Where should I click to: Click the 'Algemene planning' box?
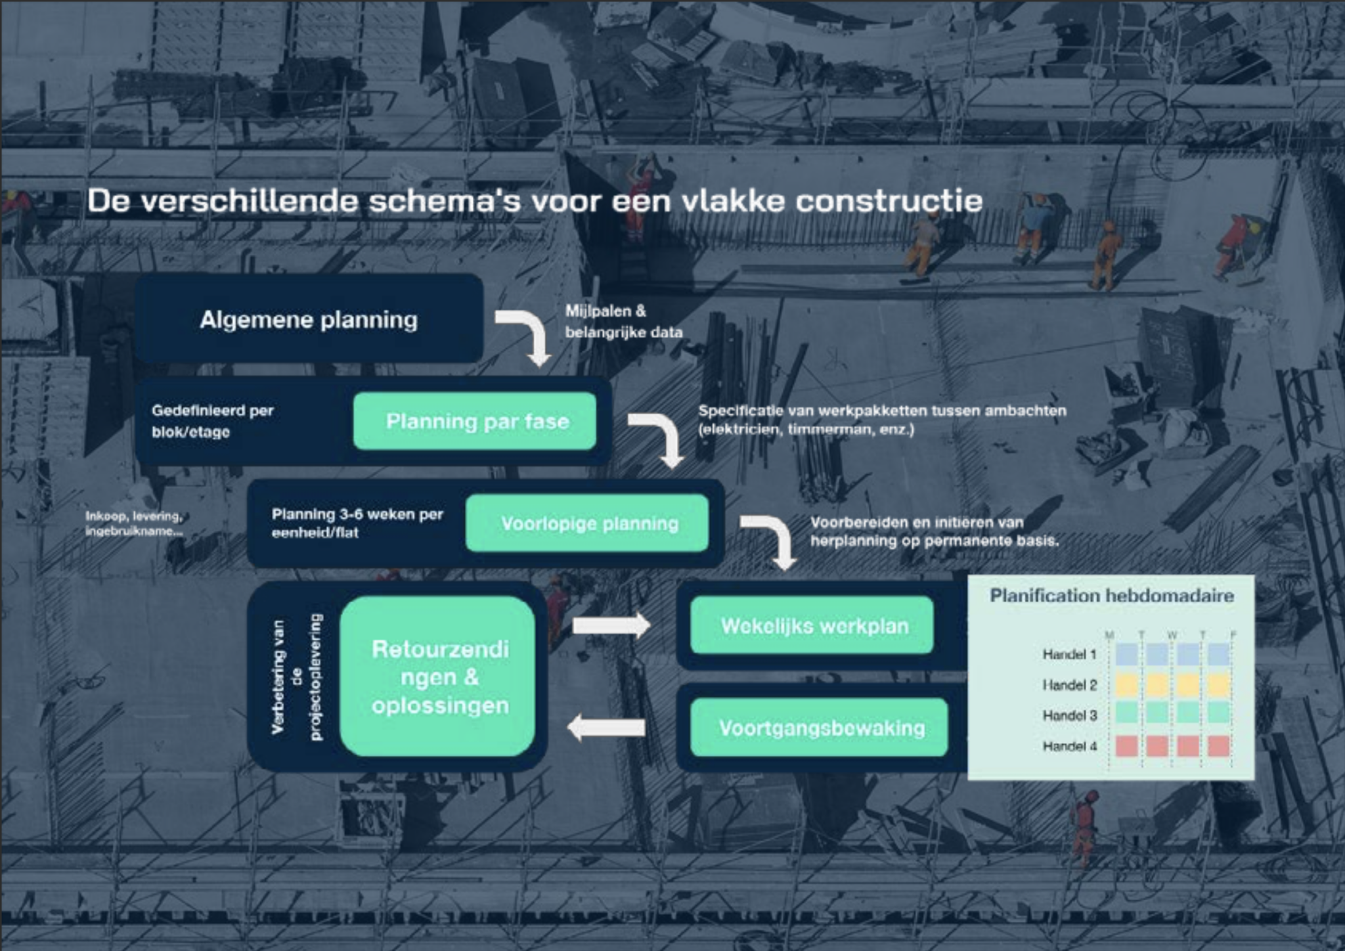[x=309, y=319]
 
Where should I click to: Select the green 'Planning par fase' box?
[x=475, y=421]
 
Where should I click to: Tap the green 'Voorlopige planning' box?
[x=587, y=523]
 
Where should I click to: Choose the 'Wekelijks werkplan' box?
[x=812, y=625]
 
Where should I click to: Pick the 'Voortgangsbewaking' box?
[x=819, y=728]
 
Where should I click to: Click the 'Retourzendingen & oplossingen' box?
[x=438, y=676]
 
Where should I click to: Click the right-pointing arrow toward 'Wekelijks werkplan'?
[x=611, y=625]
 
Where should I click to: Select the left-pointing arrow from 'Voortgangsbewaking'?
[x=606, y=728]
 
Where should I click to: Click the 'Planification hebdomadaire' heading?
[x=1112, y=596]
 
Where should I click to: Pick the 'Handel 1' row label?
[x=1070, y=654]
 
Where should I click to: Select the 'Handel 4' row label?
[x=1070, y=746]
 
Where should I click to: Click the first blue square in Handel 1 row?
[x=1127, y=654]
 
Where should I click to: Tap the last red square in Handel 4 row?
[x=1218, y=746]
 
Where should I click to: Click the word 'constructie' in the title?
[x=889, y=200]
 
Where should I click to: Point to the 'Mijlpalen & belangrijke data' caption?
[x=624, y=321]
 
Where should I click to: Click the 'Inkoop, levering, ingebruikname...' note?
[x=134, y=523]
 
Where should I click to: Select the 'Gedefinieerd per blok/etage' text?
[x=213, y=421]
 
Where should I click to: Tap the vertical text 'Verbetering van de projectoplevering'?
[x=297, y=676]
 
